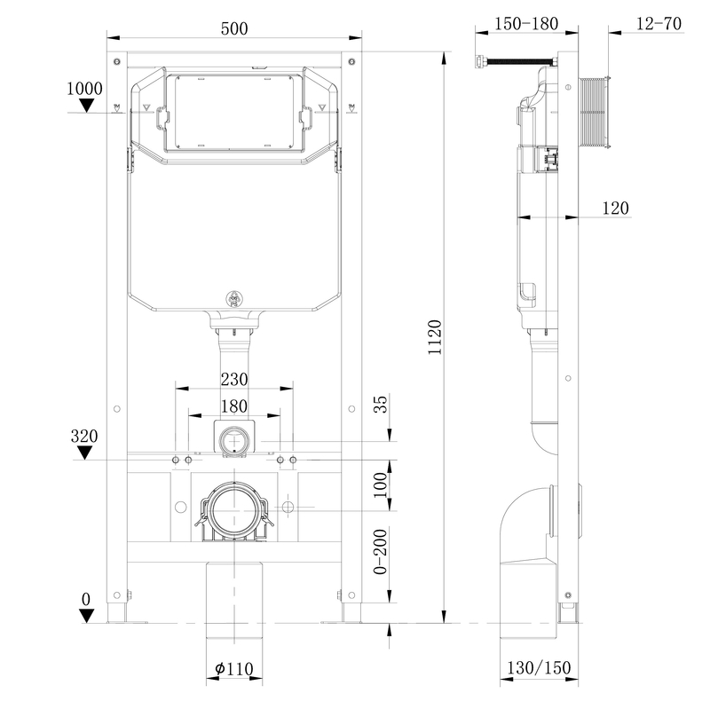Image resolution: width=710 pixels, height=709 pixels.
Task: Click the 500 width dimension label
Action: coord(234,28)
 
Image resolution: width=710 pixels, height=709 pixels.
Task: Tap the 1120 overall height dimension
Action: coord(435,337)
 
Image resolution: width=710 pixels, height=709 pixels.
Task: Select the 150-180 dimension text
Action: coord(525,24)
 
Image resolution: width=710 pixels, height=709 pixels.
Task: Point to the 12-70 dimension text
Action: coord(659,23)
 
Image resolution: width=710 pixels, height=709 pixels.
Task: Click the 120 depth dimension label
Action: coord(615,208)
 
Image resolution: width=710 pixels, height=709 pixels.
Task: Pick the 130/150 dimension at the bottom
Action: coord(539,667)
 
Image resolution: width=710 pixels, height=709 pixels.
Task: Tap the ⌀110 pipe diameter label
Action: coord(234,668)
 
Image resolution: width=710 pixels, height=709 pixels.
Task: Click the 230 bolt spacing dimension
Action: coord(234,379)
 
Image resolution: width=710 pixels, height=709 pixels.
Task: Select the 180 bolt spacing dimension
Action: coord(234,406)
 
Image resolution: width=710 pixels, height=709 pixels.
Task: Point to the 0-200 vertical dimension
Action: coord(381,551)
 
